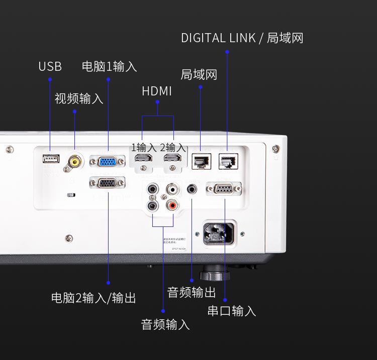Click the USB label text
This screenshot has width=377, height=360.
click(50, 67)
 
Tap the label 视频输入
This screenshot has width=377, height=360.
click(79, 98)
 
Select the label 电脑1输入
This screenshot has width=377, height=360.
click(109, 66)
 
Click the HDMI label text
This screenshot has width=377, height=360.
click(157, 91)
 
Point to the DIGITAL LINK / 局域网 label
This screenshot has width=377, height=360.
click(242, 38)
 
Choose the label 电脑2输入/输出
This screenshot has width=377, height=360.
click(93, 298)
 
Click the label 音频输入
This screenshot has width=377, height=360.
click(165, 324)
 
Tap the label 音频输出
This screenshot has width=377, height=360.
click(191, 292)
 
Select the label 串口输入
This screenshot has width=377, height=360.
click(232, 311)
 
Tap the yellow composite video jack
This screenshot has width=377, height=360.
click(75, 161)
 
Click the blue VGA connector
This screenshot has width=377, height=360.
click(107, 162)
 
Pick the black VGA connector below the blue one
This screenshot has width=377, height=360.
click(107, 183)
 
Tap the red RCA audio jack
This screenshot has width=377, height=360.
click(172, 205)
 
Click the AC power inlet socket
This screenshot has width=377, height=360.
click(219, 233)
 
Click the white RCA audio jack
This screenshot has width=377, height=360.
click(172, 189)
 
